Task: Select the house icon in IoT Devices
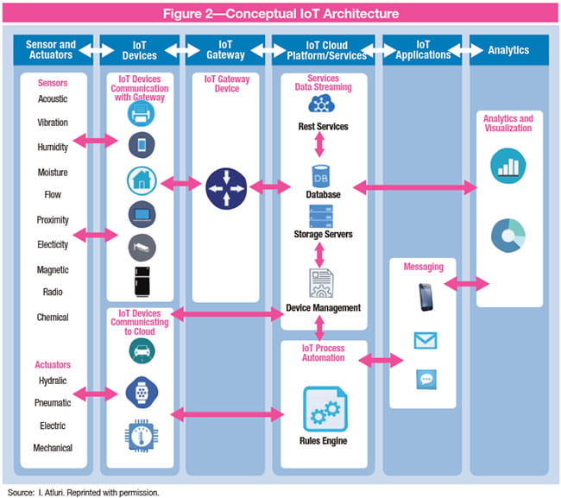point(142,180)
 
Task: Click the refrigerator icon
point(142,280)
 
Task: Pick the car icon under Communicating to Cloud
point(142,350)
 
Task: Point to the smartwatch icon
point(142,390)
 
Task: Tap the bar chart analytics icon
point(507,165)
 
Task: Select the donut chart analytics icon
point(507,236)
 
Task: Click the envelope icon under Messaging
point(425,340)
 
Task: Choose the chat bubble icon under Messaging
point(425,378)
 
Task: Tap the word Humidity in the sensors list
point(53,148)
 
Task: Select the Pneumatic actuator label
point(53,402)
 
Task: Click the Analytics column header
point(508,50)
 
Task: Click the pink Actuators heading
point(53,364)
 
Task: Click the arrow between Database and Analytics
point(413,186)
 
